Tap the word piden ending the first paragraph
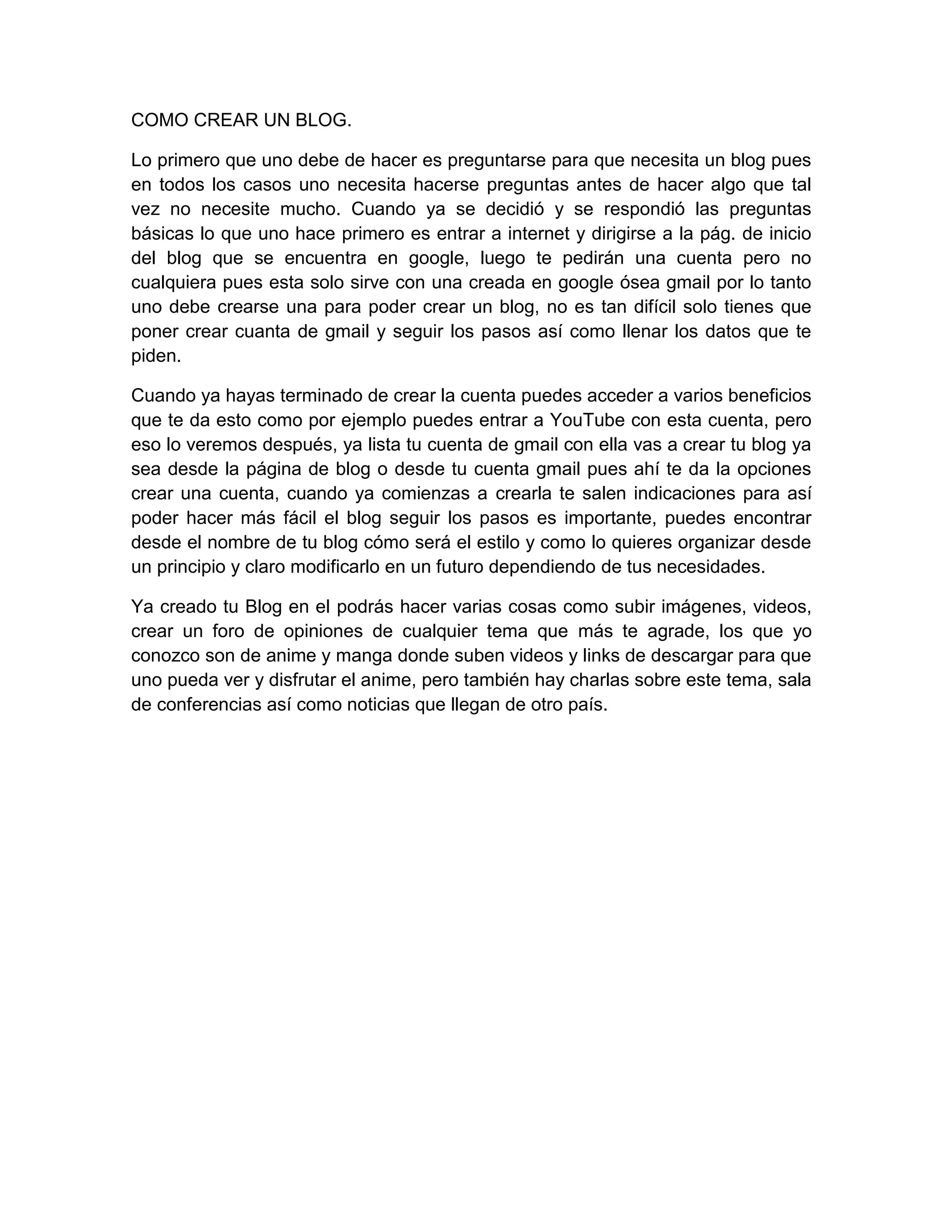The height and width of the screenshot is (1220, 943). [x=156, y=356]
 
